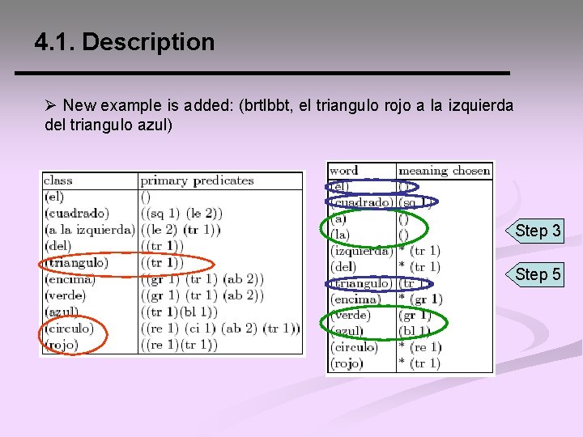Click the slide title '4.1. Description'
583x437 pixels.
[125, 42]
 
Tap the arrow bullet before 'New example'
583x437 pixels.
[51, 106]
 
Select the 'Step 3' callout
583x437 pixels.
[538, 231]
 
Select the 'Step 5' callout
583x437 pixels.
[538, 274]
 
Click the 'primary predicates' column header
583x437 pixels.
[197, 180]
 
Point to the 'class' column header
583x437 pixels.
[58, 180]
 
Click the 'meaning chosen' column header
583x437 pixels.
[445, 170]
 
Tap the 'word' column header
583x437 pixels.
[344, 170]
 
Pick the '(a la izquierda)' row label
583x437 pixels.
[89, 230]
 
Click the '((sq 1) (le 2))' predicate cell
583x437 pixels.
[181, 214]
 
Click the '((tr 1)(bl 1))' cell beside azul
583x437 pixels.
[179, 312]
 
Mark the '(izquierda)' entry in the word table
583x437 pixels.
[361, 251]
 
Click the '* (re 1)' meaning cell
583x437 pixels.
[419, 347]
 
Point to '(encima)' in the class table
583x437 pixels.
[69, 279]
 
